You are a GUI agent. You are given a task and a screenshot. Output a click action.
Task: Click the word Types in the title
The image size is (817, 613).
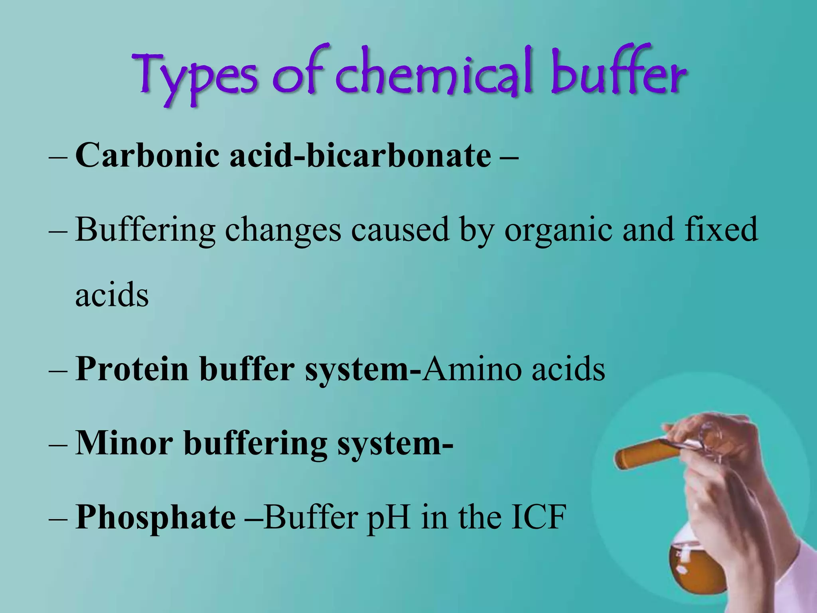pyautogui.click(x=195, y=76)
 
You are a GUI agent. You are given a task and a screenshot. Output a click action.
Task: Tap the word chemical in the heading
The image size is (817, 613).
pyautogui.click(x=435, y=74)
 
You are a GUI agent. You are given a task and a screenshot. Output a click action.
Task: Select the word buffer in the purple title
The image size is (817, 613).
pyautogui.click(x=618, y=74)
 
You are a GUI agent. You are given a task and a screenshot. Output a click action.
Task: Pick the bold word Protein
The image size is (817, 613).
pyautogui.click(x=132, y=369)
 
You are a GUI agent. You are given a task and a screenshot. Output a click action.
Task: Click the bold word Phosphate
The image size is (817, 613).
pyautogui.click(x=156, y=518)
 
